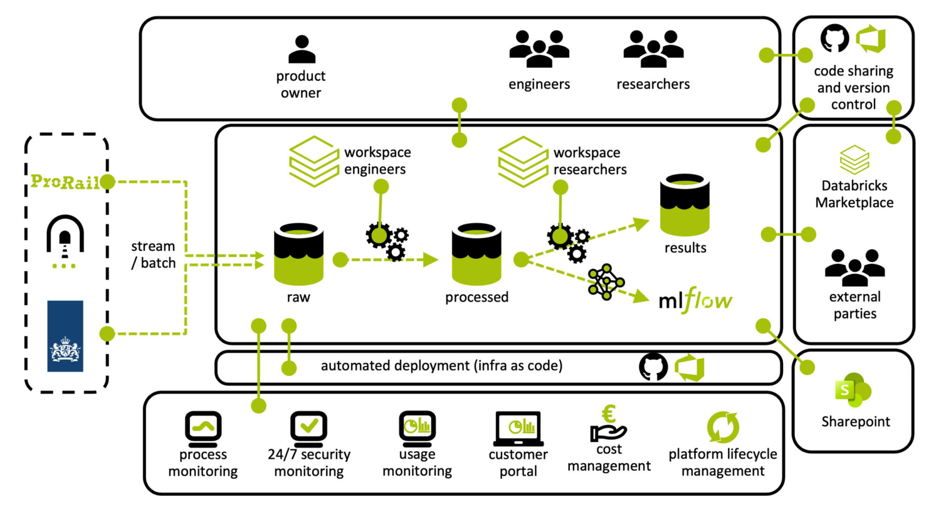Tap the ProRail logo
pyautogui.click(x=64, y=182)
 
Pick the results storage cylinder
pyautogui.click(x=685, y=205)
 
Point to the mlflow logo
pyautogui.click(x=695, y=300)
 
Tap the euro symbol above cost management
pyautogui.click(x=609, y=414)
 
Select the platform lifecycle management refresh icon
pyautogui.click(x=723, y=427)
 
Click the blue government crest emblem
pyautogui.click(x=65, y=336)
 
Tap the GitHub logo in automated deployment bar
pyautogui.click(x=653, y=367)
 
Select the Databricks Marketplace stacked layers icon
pyautogui.click(x=854, y=160)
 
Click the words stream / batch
pyautogui.click(x=153, y=254)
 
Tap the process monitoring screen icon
pyautogui.click(x=203, y=428)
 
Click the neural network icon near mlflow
pyautogui.click(x=606, y=282)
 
